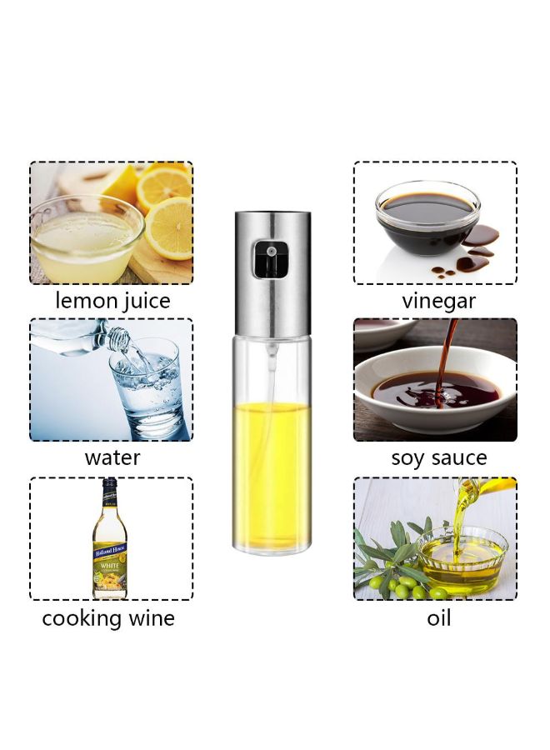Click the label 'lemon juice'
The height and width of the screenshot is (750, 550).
click(x=112, y=300)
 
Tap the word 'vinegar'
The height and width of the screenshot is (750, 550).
click(x=439, y=300)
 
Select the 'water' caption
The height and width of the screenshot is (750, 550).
click(x=112, y=457)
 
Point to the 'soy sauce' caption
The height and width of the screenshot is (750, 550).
click(x=439, y=458)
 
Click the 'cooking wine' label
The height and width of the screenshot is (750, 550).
click(x=108, y=617)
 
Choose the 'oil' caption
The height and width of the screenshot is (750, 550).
click(x=438, y=618)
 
